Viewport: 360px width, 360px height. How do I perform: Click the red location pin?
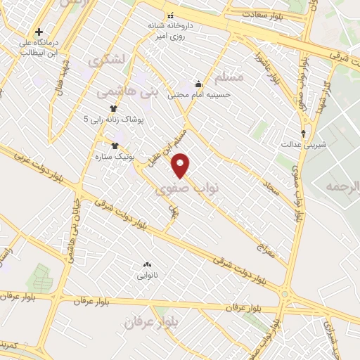point(181,165)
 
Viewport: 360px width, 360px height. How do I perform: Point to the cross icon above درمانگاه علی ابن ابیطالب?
point(39,32)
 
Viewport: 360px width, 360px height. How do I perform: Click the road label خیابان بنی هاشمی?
point(70,243)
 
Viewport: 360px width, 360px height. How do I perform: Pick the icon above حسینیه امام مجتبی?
point(199,82)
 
